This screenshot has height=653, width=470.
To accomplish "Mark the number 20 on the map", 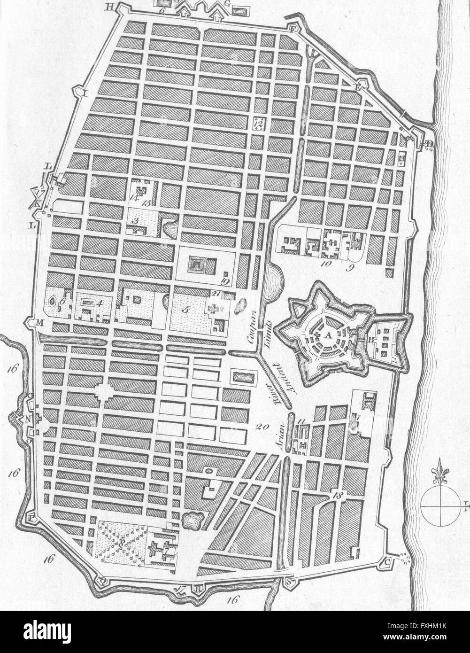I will pyautogui.click(x=262, y=426).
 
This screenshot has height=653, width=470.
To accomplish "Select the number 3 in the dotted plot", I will pyautogui.click(x=135, y=220).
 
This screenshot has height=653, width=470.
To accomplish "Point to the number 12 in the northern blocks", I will pyautogui.click(x=260, y=123).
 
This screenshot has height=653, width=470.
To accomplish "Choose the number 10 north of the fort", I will pyautogui.click(x=326, y=264).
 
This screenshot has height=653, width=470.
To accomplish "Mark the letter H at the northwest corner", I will pyautogui.click(x=109, y=7).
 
